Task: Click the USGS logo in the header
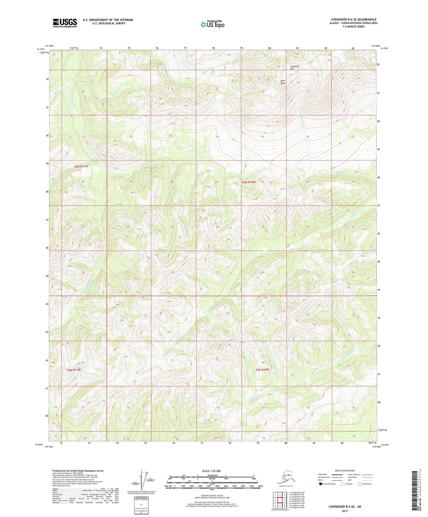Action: pos(65,23)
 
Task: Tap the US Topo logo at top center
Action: pos(212,24)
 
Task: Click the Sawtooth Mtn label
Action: pos(294,68)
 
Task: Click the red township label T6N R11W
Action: pos(81,166)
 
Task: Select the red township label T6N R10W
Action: pos(249,182)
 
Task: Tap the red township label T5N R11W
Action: pos(73,370)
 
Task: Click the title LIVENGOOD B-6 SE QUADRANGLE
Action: pos(353,20)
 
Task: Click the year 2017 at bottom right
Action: pos(344,511)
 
